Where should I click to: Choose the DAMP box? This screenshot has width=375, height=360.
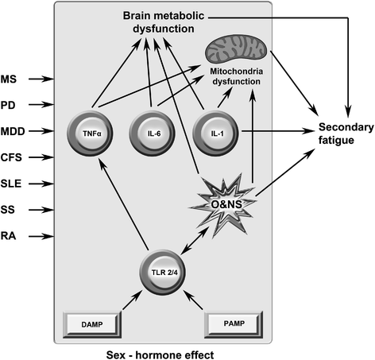click(x=92, y=322)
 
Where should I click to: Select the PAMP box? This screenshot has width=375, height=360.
click(x=230, y=322)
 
